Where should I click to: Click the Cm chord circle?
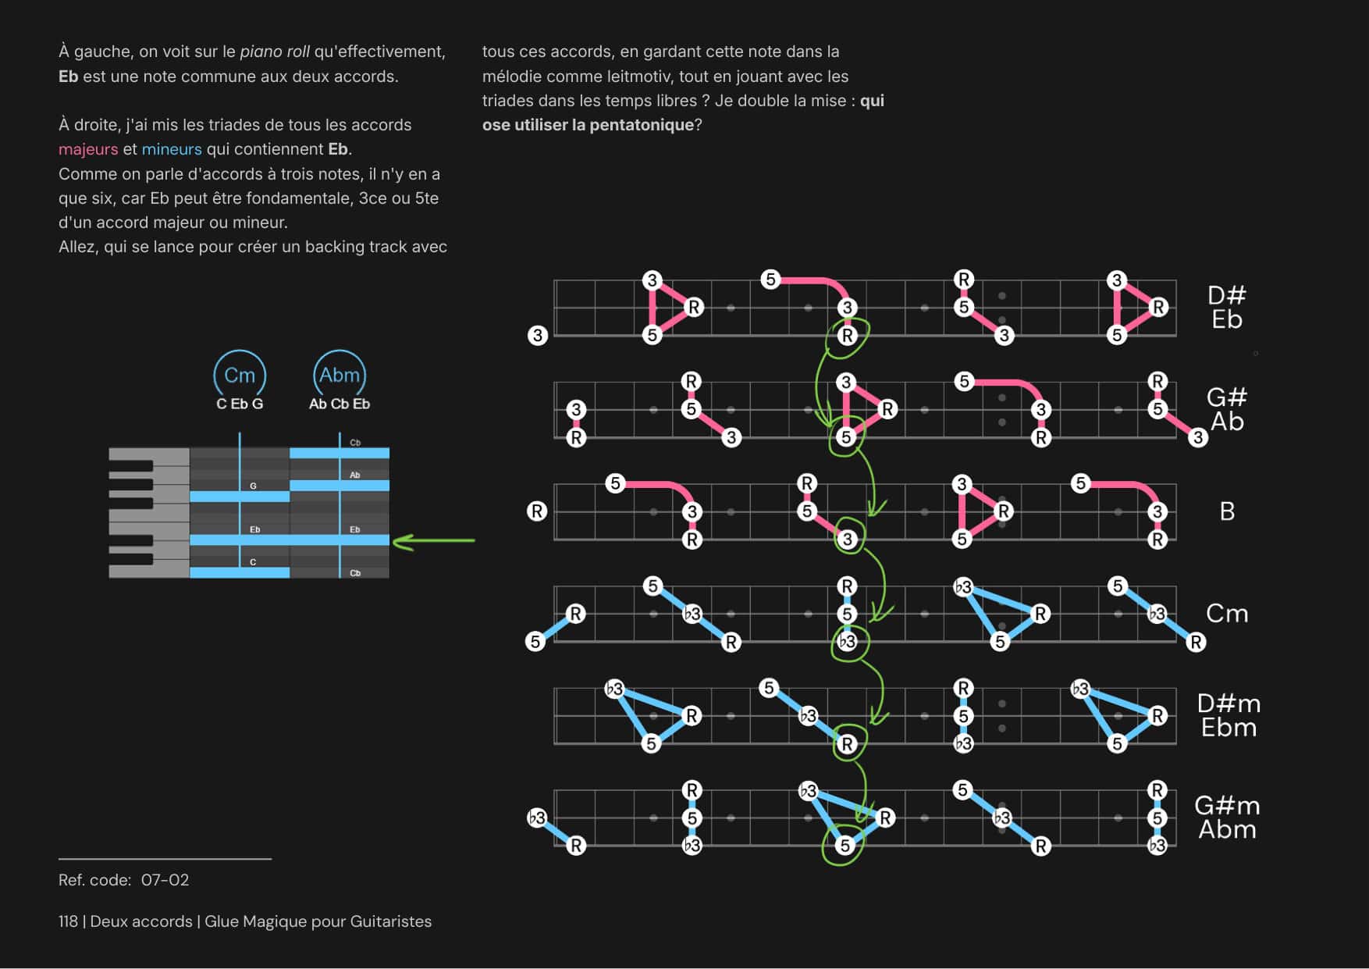(x=240, y=376)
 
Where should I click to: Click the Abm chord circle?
(x=340, y=376)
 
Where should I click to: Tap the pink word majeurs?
(x=88, y=149)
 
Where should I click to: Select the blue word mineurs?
(x=172, y=149)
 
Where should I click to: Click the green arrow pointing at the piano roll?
(x=434, y=540)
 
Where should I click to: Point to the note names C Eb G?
(x=240, y=404)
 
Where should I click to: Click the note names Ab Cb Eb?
(x=340, y=404)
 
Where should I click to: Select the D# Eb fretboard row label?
(x=1226, y=308)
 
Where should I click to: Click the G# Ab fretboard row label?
(x=1226, y=409)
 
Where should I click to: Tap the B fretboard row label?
(x=1227, y=511)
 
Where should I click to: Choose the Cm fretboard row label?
(x=1227, y=614)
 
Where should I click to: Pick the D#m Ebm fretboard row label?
(x=1229, y=716)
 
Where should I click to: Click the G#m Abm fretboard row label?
(x=1227, y=818)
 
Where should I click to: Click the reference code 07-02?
(x=165, y=880)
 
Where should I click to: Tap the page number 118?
(x=68, y=921)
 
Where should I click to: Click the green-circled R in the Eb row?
(x=847, y=336)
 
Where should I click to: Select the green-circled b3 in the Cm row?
(x=847, y=642)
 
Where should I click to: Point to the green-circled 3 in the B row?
(x=848, y=539)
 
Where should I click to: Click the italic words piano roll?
(x=275, y=52)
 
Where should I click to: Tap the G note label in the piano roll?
(x=253, y=486)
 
